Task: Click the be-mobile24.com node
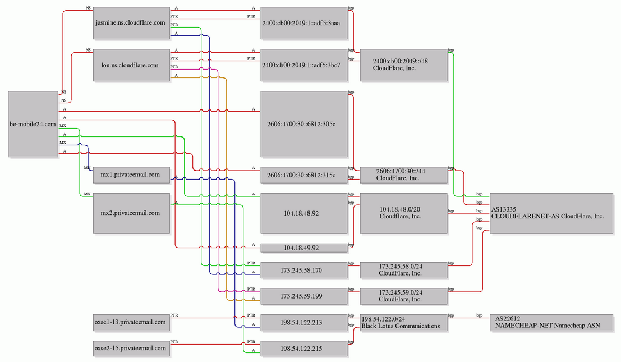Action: click(x=33, y=124)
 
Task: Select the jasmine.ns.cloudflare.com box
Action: click(x=131, y=23)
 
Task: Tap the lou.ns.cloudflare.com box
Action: click(x=131, y=65)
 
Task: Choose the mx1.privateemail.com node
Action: click(x=131, y=175)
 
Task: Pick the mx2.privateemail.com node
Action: click(x=131, y=213)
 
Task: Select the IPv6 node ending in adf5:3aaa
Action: click(x=303, y=23)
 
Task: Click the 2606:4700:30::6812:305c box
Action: click(x=303, y=124)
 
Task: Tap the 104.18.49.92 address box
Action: click(x=303, y=248)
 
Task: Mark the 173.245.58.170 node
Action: click(x=303, y=270)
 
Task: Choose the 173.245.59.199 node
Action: click(x=303, y=296)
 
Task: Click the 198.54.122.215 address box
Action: click(x=303, y=349)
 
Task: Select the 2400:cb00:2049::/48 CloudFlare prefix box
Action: click(x=403, y=65)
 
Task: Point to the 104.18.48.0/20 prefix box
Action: click(x=403, y=213)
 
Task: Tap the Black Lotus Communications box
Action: click(x=403, y=322)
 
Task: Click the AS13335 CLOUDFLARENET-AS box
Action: click(x=551, y=213)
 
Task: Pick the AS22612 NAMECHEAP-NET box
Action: click(x=551, y=322)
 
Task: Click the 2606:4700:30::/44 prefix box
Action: click(x=403, y=175)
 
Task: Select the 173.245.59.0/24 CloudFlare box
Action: click(x=403, y=296)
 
